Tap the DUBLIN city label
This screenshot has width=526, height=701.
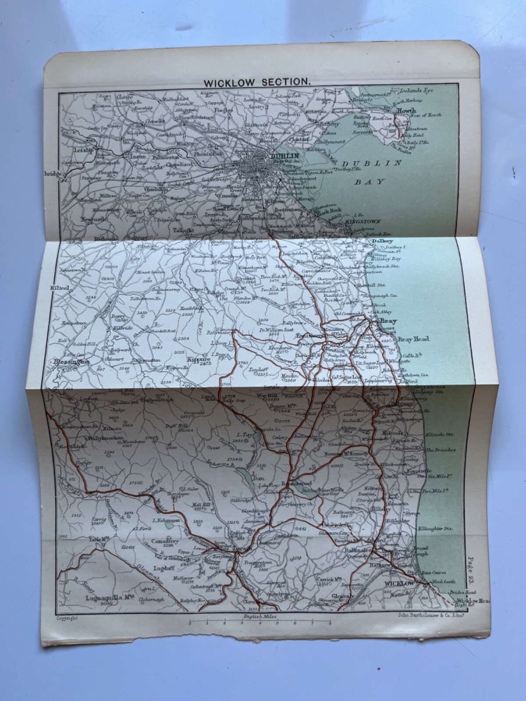(285, 156)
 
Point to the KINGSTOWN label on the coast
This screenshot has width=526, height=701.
(363, 222)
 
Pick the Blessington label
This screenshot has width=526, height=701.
(71, 362)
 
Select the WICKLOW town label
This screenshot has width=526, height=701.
(398, 584)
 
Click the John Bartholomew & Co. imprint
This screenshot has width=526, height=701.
(420, 616)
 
